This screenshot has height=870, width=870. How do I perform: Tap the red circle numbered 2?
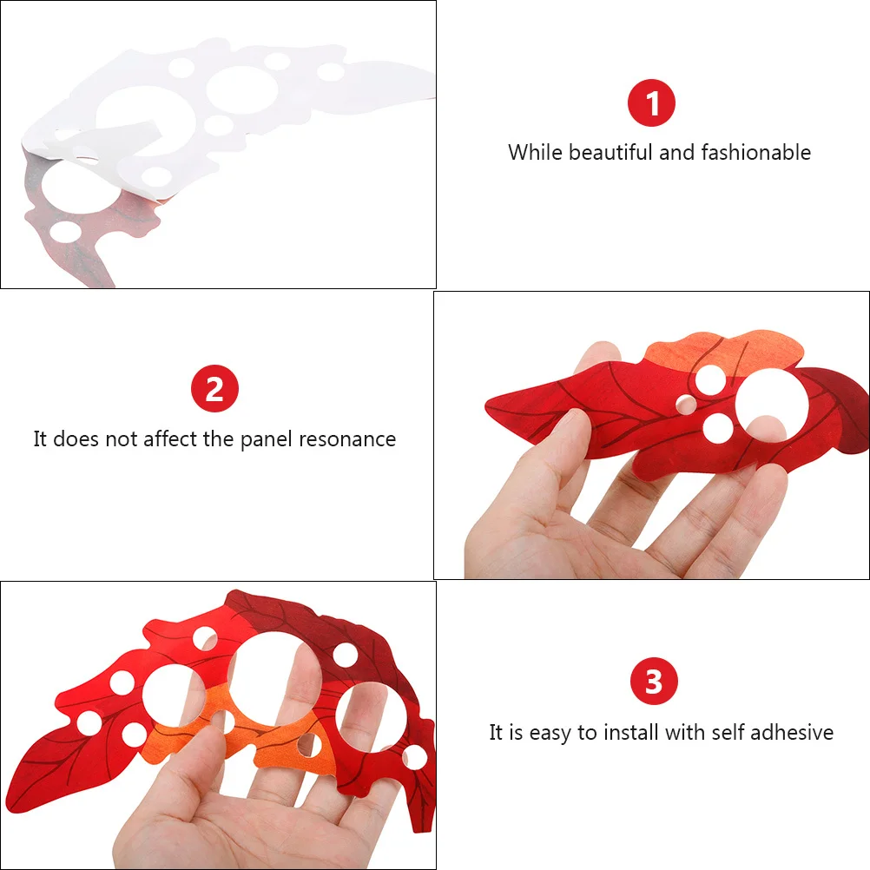[x=214, y=389]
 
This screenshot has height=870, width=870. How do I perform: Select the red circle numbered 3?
[x=653, y=682]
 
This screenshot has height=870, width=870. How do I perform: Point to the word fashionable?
[x=755, y=153]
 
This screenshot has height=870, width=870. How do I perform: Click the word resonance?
[x=347, y=439]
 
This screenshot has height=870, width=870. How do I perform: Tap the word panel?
[x=266, y=439]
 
